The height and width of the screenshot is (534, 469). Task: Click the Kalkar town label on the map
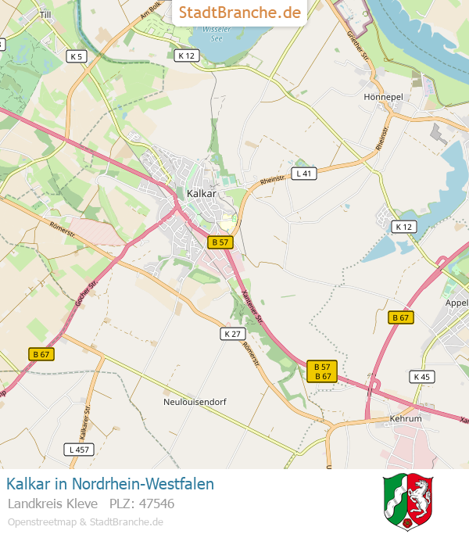tap(201, 193)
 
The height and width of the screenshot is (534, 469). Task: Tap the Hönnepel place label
tap(382, 97)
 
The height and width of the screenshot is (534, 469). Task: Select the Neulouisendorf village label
tap(194, 402)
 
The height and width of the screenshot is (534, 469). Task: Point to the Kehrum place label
tap(405, 419)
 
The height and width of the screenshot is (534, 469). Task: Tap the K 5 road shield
tap(77, 56)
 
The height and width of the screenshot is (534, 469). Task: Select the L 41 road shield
tap(304, 174)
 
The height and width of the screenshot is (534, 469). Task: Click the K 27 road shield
tap(231, 334)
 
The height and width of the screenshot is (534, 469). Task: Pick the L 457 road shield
tap(80, 450)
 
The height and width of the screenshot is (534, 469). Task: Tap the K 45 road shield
tap(421, 377)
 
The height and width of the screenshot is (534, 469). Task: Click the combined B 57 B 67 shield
tap(322, 371)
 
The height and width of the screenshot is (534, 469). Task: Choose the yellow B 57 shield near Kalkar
tap(220, 242)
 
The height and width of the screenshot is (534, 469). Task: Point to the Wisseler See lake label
tap(217, 34)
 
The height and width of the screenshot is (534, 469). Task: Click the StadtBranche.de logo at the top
tap(239, 13)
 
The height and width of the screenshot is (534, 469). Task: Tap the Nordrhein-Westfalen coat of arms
tap(407, 501)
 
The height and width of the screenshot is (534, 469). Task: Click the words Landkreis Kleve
tap(52, 504)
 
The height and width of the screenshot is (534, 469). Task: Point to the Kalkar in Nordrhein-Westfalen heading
tap(109, 484)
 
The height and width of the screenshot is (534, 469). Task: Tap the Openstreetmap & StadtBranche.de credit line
tap(85, 521)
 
